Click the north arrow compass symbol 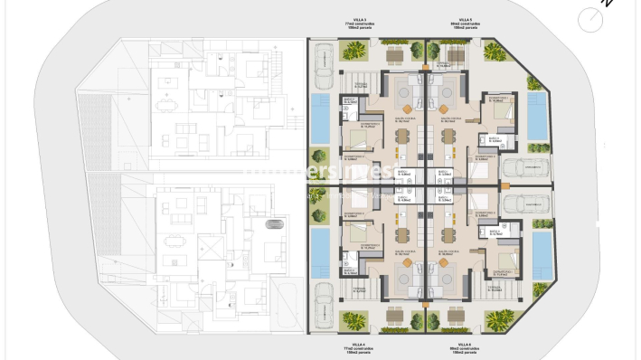tap(592, 18)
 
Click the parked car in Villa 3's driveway tap(321, 66)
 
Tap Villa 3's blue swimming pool tap(320, 118)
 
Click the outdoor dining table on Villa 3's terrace tap(394, 56)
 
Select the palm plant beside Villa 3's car tap(348, 51)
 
